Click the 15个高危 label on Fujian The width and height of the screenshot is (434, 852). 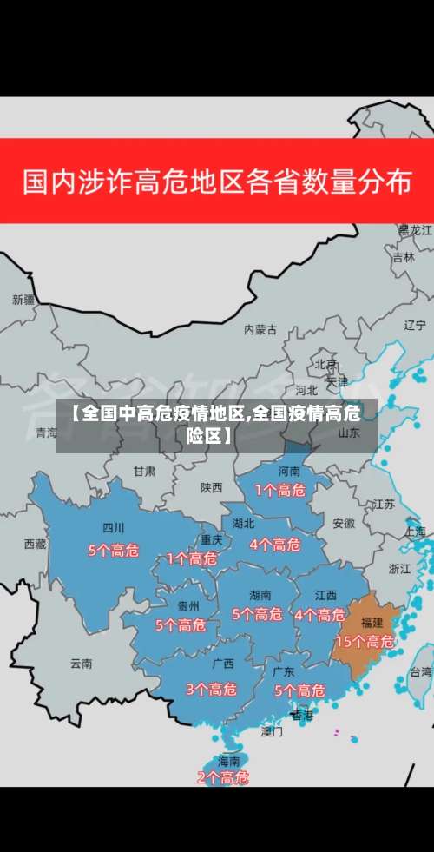365,642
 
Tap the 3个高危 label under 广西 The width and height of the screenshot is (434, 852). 211,690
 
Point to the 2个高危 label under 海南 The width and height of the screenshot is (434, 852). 223,777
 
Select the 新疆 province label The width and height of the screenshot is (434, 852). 23,300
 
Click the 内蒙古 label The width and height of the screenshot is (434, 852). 260,329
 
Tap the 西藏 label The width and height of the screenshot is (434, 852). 35,544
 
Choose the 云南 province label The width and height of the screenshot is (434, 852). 81,663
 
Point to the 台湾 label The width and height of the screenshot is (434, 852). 421,671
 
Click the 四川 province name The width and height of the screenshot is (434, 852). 114,527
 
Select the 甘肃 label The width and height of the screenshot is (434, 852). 144,471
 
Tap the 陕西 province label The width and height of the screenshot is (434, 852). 211,488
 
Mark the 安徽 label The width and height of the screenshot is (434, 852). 343,524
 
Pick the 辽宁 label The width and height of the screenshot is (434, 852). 415,325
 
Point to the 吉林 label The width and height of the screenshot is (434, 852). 404,257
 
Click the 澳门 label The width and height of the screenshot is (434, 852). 272,731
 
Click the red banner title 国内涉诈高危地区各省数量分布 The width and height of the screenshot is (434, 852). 217,182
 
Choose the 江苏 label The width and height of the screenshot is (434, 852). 384,504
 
